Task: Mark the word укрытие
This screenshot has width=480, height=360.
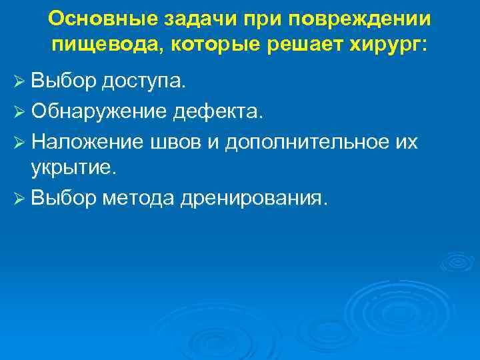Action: (73, 169)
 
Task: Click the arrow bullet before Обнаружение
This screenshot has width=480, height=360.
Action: (19, 112)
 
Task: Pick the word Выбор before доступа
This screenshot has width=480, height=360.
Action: (64, 83)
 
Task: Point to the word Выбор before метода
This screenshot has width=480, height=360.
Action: (64, 198)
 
